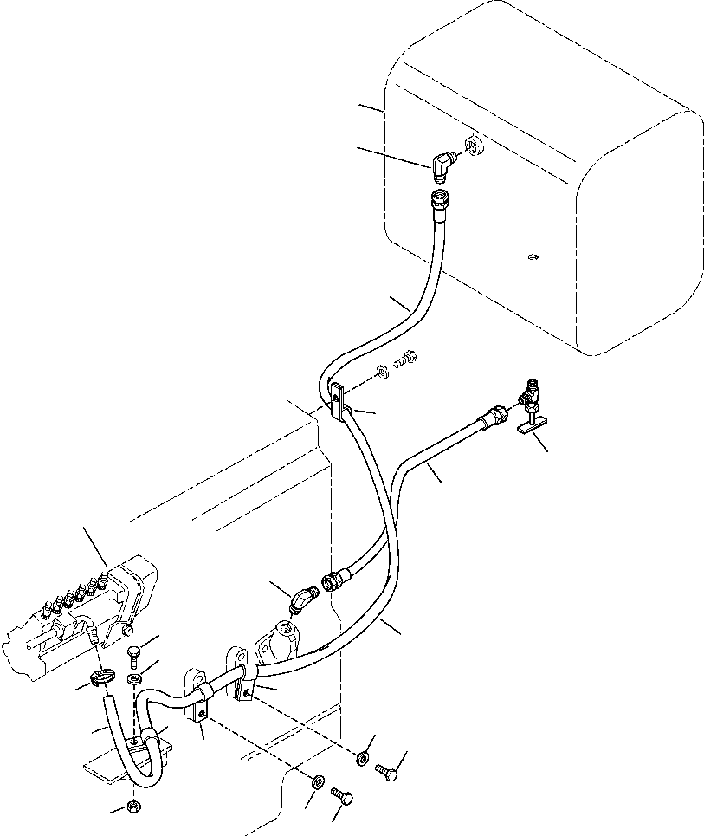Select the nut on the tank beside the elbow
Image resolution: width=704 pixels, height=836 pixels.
click(x=475, y=147)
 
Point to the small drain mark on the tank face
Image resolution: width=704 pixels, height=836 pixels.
click(x=533, y=255)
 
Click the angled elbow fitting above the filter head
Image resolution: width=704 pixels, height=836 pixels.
click(x=304, y=600)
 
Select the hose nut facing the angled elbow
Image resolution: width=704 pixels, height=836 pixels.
click(x=333, y=581)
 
